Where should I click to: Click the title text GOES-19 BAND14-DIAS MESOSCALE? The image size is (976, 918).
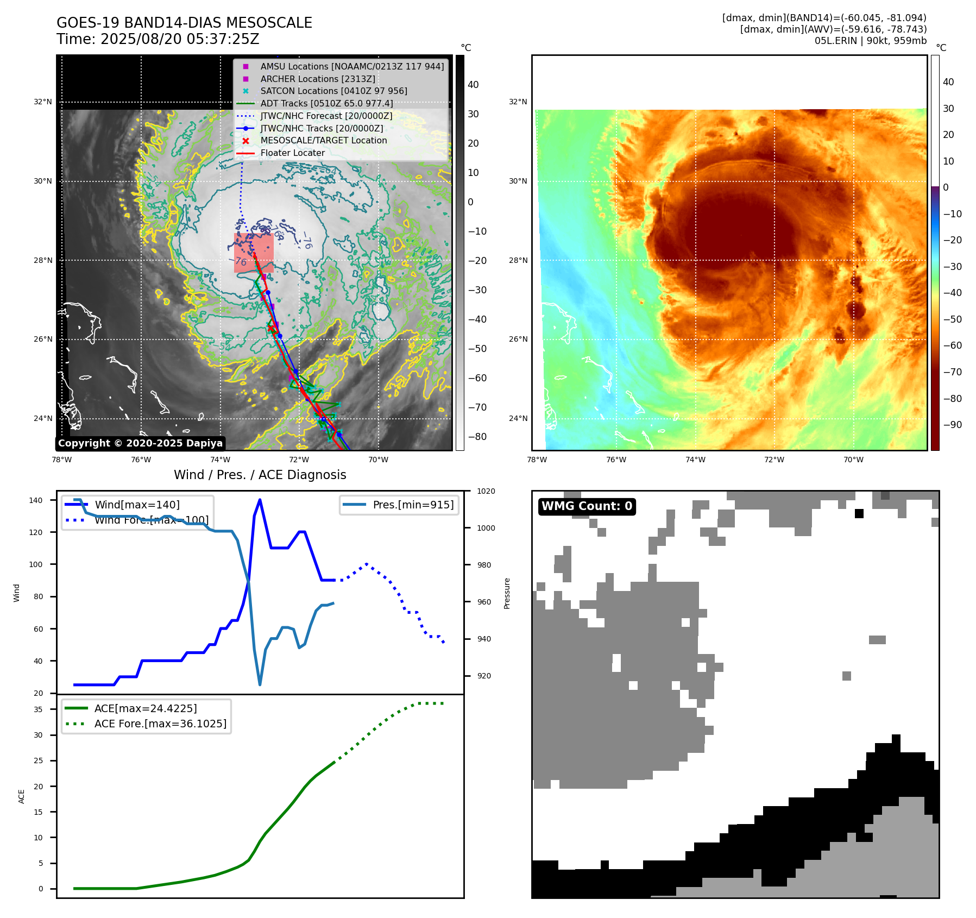point(184,23)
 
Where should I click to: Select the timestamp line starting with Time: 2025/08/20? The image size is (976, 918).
point(158,39)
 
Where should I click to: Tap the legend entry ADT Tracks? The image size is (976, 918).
point(326,103)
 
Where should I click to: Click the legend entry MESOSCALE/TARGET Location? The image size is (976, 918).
point(323,140)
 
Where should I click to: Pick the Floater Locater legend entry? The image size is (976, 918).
point(292,153)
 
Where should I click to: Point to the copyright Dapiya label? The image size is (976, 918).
point(140,443)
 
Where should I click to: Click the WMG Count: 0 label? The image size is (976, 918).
point(587,506)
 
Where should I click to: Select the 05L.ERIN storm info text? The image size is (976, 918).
point(870,41)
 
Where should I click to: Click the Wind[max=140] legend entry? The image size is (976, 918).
point(137,505)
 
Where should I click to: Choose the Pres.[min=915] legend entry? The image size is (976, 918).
point(413,505)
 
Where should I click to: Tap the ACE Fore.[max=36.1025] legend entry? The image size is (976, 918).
point(160,724)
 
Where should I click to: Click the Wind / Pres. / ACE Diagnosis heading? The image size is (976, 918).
point(260,475)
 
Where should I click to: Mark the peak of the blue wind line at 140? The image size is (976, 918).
point(260,500)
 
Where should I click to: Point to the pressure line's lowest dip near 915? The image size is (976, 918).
point(260,684)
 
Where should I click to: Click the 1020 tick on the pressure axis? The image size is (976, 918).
point(486,491)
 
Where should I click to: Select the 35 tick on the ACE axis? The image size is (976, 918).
point(38,709)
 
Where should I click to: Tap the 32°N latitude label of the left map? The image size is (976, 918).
point(43,102)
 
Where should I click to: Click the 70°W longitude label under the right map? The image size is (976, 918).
point(853,460)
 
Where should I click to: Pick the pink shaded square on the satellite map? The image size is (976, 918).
point(254,253)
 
